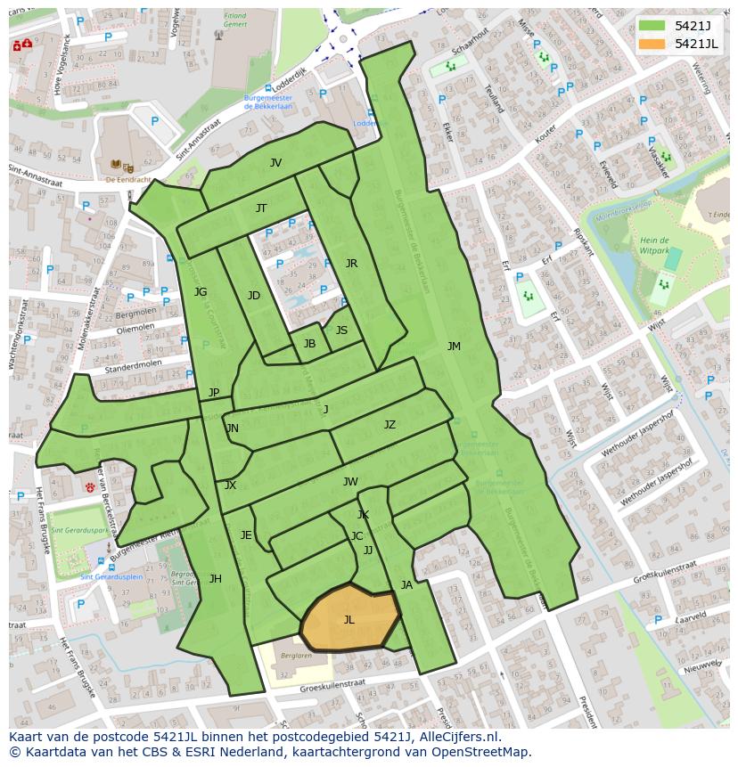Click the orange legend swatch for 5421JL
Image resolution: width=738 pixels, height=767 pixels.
(652, 44)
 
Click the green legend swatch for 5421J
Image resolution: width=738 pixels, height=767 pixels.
(652, 26)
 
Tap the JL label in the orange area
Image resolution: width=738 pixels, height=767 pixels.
(348, 620)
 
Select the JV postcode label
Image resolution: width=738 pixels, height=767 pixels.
(275, 163)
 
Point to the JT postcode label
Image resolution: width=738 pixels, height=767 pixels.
(261, 208)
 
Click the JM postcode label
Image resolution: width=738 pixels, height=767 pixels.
(454, 347)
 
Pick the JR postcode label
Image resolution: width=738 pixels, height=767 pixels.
(351, 264)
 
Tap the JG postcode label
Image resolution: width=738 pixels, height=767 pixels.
(201, 292)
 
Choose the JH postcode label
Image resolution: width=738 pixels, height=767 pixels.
(215, 579)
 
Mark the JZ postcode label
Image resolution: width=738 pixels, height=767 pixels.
(389, 425)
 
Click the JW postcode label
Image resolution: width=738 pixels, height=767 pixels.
(350, 482)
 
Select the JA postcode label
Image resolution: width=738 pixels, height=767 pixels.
(406, 585)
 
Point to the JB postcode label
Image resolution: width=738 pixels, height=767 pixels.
(309, 344)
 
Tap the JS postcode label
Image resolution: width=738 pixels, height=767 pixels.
(341, 330)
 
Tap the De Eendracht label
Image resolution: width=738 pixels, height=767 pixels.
(125, 179)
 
